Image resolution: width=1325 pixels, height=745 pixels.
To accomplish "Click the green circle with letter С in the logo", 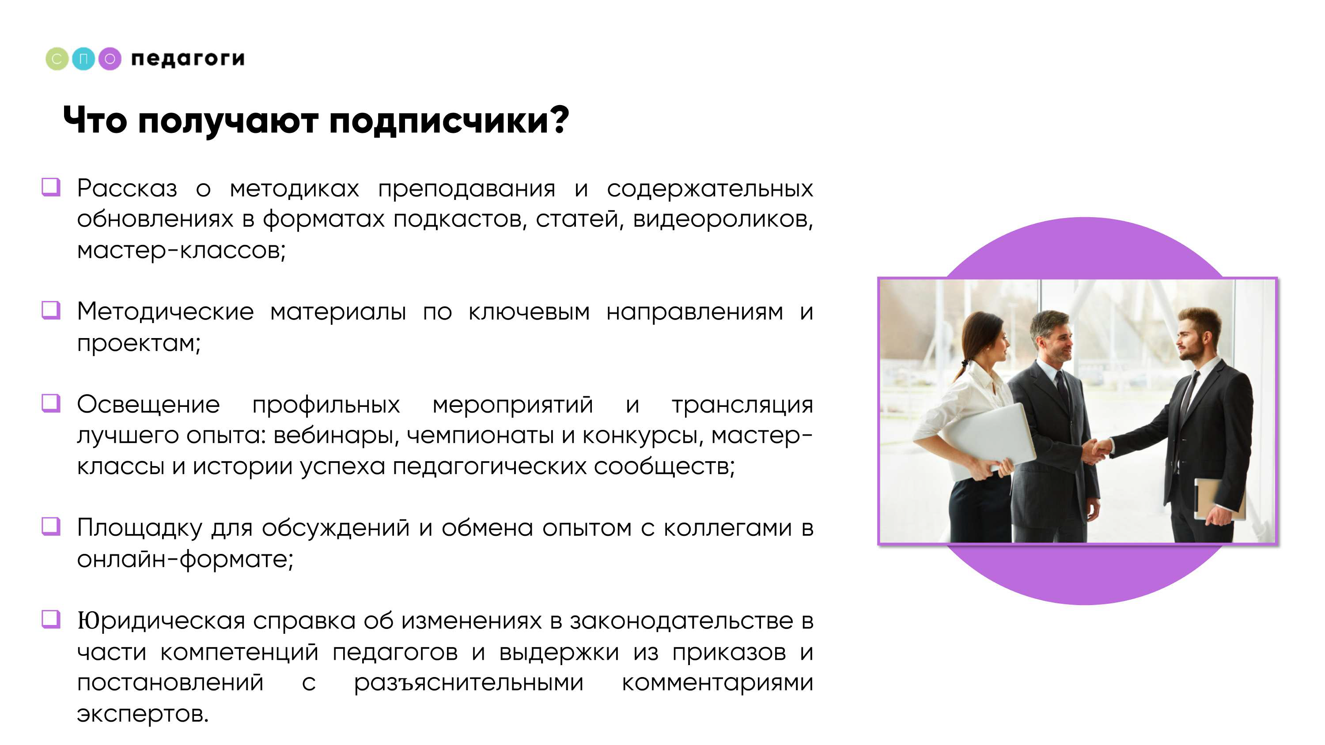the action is point(57,59).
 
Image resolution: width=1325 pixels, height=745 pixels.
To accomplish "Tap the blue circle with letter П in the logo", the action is point(83,59).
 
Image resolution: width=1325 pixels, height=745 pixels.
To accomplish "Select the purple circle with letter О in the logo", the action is point(110,59).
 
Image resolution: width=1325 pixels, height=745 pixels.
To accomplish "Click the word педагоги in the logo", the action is point(188,59).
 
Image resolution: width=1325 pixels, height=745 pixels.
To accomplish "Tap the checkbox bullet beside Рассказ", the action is point(51,187).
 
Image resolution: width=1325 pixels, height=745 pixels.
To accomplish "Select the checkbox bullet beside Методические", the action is point(51,310).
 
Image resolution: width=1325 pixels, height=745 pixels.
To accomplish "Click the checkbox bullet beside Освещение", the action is point(51,403).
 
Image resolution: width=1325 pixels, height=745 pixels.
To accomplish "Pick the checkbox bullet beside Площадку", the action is point(51,527).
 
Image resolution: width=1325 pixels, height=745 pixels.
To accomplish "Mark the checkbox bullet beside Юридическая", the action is point(51,620).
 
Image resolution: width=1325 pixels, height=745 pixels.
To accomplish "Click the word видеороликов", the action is point(723,219).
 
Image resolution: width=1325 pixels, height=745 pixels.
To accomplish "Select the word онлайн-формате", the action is point(185,559).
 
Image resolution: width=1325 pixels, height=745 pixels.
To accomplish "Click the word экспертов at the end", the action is point(143,715).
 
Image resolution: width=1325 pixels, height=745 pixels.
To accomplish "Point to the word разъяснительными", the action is point(469,683).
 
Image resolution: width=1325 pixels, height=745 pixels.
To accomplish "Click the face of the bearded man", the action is point(1193,342).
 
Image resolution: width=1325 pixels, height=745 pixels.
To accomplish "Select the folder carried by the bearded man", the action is point(1219,499).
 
